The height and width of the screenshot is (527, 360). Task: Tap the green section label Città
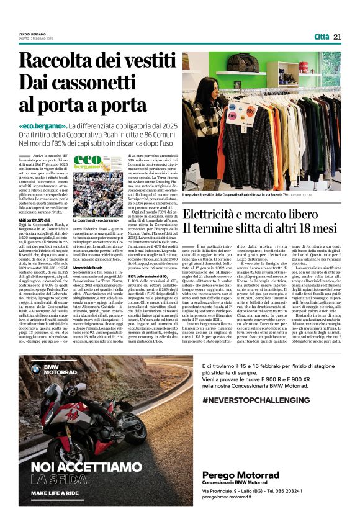pos(322,37)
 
